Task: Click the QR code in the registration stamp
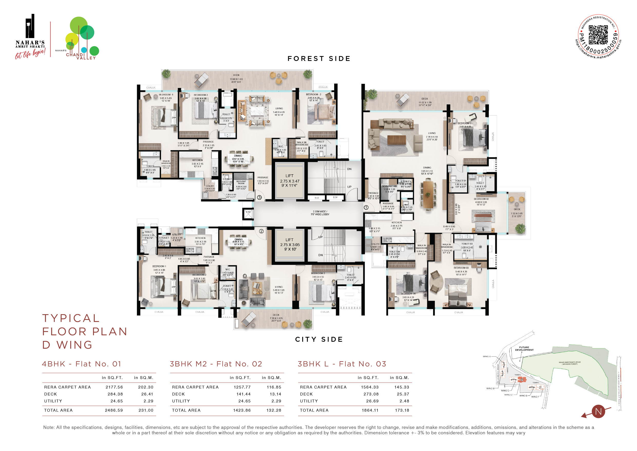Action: click(598, 35)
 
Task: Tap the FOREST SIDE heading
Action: click(319, 59)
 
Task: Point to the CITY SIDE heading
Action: click(319, 339)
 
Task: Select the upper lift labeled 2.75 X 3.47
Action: click(289, 181)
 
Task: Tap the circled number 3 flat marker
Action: click(259, 197)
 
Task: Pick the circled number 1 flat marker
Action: click(366, 208)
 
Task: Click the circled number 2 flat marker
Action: click(261, 231)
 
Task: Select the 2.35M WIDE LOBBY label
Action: click(320, 213)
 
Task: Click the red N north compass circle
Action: click(598, 411)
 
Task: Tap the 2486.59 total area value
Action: click(114, 410)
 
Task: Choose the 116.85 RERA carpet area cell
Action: click(274, 387)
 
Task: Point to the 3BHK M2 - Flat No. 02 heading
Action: click(216, 364)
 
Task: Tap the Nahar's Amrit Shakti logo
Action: click(30, 36)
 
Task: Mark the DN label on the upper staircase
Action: click(349, 169)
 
